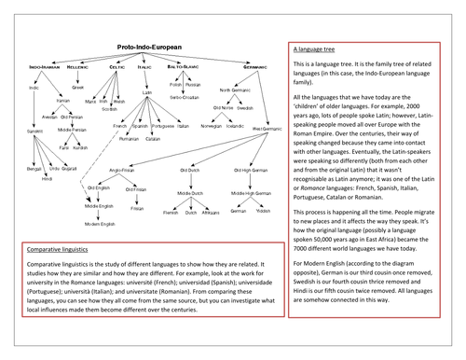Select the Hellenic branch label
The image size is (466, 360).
pos(76,67)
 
